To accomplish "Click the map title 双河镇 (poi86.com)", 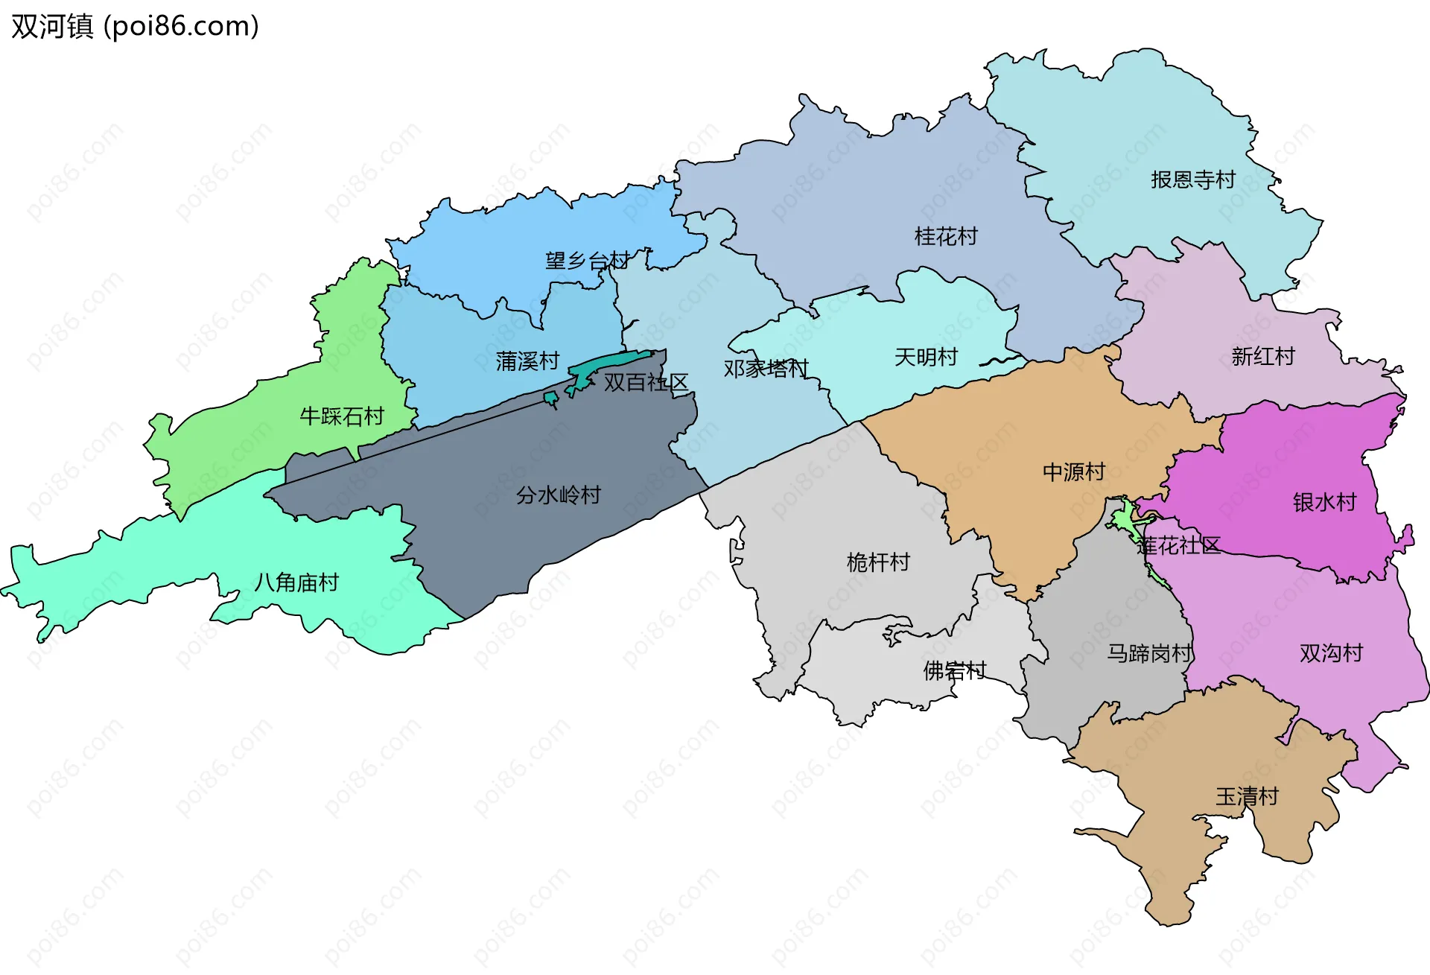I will [x=135, y=26].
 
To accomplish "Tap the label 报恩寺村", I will [x=1192, y=180].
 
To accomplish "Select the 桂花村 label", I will [x=945, y=236].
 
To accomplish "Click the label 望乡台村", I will [x=587, y=261].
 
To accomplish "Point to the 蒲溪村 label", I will [x=527, y=361].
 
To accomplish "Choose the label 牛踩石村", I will [x=341, y=416].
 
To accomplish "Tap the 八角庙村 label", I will [x=296, y=582].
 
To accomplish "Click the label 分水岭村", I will [x=558, y=495].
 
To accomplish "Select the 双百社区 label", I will [x=645, y=382].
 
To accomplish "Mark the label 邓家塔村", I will [x=766, y=368].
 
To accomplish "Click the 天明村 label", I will [x=925, y=357].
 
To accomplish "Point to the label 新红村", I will [x=1262, y=356].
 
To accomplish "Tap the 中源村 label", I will [x=1073, y=471].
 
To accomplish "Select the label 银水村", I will [x=1324, y=502].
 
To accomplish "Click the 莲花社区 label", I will [x=1178, y=545].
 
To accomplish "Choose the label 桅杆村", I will [x=878, y=562].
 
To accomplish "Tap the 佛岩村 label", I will [x=954, y=670].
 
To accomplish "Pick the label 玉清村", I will [x=1246, y=796].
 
